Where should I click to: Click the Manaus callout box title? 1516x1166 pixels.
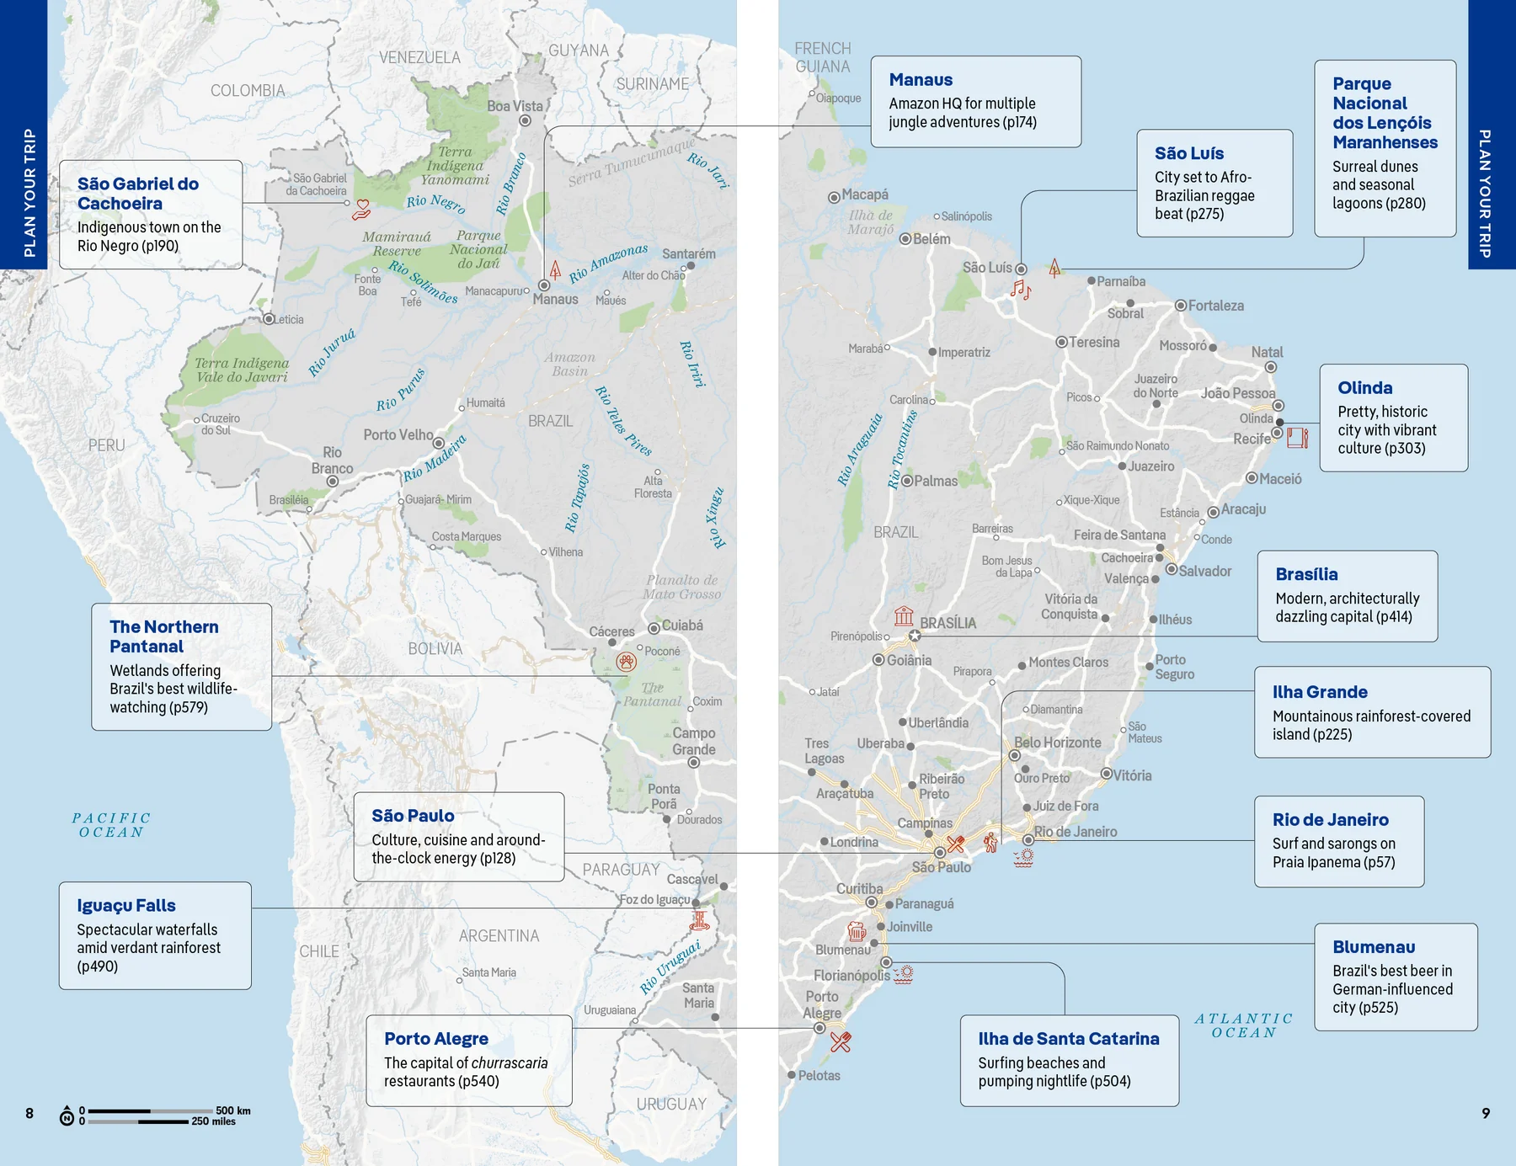921,80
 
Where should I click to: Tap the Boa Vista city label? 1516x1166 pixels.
515,106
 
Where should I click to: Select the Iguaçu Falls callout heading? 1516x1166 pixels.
126,906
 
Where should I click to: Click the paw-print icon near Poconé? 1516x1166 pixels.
626,662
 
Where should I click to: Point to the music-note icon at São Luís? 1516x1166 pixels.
1020,290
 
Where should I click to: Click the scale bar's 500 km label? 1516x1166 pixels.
232,1110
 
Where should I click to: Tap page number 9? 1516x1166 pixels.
1486,1113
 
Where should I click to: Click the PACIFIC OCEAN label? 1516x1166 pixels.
111,825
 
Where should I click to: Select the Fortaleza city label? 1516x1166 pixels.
1215,306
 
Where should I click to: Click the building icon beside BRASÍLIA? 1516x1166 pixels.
904,615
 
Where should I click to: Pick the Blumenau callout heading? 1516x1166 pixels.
1373,947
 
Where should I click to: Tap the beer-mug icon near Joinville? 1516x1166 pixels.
857,930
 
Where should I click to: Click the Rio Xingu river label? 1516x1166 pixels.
716,517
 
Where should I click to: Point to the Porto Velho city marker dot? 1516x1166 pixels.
439,443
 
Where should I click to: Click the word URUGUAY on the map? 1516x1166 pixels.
671,1104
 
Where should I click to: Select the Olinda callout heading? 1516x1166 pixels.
1364,388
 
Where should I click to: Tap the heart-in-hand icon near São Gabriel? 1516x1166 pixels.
362,209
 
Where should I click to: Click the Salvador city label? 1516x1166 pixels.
1204,571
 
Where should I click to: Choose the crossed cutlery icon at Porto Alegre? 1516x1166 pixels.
841,1042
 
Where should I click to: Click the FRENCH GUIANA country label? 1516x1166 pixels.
823,57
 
